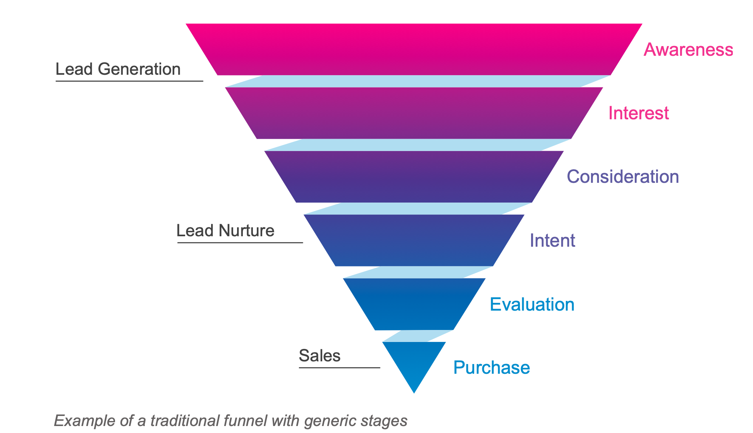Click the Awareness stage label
(688, 50)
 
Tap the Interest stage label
(638, 113)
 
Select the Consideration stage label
(622, 177)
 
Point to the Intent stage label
(552, 241)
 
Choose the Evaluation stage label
(532, 304)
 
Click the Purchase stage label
(491, 368)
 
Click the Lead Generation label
(118, 69)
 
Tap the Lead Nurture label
(225, 231)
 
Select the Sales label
(320, 356)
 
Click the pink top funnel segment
(414, 49)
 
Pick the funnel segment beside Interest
(414, 113)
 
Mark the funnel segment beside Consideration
(414, 177)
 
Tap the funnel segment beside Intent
(414, 241)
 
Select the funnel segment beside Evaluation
(414, 304)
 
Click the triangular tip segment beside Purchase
(414, 360)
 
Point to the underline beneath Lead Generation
(129, 81)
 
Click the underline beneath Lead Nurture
(240, 243)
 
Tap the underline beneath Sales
(339, 368)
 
